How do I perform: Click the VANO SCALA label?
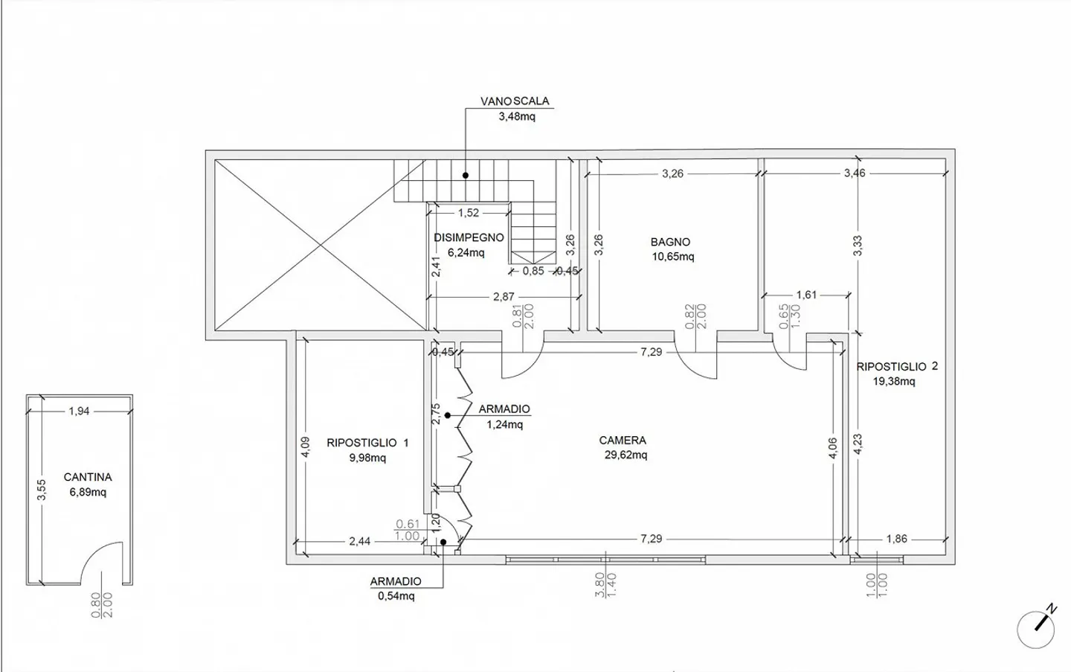pyautogui.click(x=515, y=101)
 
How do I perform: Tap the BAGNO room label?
pyautogui.click(x=670, y=242)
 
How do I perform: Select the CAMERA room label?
pyautogui.click(x=623, y=440)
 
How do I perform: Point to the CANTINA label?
pyautogui.click(x=88, y=477)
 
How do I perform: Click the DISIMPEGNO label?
pyautogui.click(x=469, y=237)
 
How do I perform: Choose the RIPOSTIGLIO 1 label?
pyautogui.click(x=367, y=443)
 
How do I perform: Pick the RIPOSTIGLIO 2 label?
pyautogui.click(x=897, y=367)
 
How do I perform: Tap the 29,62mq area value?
pyautogui.click(x=626, y=455)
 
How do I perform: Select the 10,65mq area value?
pyautogui.click(x=673, y=257)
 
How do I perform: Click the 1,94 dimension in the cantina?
pyautogui.click(x=79, y=411)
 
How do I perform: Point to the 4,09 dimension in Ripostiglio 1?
pyautogui.click(x=306, y=447)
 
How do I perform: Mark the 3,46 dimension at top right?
pyautogui.click(x=855, y=173)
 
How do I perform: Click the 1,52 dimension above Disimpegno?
pyautogui.click(x=469, y=213)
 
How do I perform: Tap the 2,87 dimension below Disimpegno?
pyautogui.click(x=504, y=297)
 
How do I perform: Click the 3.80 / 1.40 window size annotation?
pyautogui.click(x=605, y=585)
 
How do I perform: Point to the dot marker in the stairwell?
pyautogui.click(x=466, y=176)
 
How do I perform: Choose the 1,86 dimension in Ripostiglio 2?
pyautogui.click(x=896, y=539)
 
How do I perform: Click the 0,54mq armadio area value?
pyautogui.click(x=396, y=596)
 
